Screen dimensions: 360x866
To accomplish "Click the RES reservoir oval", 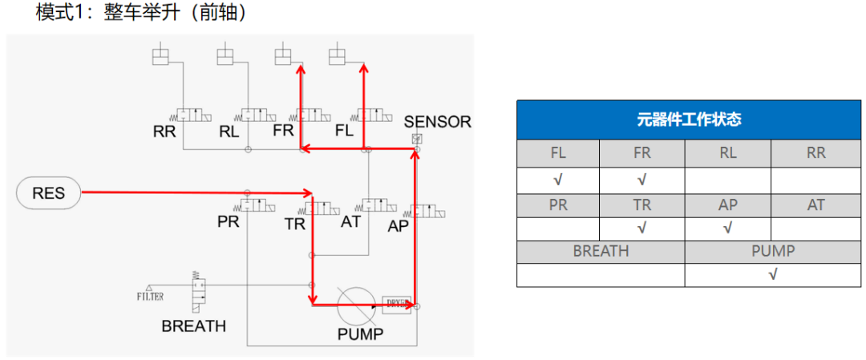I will (48, 193).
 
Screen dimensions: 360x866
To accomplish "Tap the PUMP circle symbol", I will (356, 305).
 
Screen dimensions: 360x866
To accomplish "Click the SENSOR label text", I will (437, 122).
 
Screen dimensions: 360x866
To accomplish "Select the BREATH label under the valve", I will (193, 326).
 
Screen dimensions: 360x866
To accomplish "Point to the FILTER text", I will (150, 297).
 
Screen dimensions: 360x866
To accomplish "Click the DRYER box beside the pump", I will (397, 304).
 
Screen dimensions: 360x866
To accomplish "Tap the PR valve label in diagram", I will (229, 222).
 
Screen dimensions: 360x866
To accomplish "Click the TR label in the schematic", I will (294, 224).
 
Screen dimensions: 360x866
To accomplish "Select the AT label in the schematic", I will (351, 221).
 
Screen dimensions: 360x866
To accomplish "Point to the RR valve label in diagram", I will (164, 131).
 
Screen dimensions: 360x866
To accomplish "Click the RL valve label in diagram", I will (229, 131).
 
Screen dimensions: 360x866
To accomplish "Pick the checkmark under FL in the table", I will (558, 180).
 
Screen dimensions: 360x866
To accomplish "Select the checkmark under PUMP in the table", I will (773, 274).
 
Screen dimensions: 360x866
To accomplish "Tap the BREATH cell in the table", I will (601, 251).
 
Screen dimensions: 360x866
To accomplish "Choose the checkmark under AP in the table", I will (727, 229).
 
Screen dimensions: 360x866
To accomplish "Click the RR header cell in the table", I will (815, 153).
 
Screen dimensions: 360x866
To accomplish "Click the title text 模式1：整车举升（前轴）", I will (140, 14).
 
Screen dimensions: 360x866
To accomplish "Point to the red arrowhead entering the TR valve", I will (309, 193).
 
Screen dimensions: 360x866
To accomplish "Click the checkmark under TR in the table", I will (641, 229).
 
